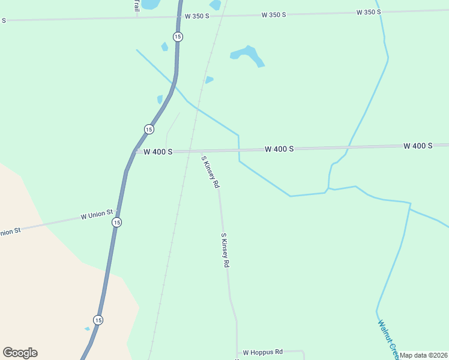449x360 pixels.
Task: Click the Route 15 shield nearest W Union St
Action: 116,222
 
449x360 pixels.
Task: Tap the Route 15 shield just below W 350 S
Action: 178,37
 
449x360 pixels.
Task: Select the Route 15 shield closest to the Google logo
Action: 98,319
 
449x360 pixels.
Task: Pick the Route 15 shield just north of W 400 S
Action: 149,129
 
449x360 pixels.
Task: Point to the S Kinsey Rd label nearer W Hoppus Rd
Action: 225,250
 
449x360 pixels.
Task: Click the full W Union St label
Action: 97,214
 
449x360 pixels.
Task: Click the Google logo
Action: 20,353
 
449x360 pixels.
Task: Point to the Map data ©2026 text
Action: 424,355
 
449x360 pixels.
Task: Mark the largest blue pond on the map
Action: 247,55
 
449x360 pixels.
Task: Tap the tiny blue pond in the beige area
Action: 88,328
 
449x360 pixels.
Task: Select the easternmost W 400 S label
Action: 418,146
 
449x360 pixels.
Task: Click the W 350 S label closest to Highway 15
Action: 197,16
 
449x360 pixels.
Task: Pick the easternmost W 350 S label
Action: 369,12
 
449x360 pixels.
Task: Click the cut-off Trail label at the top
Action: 136,5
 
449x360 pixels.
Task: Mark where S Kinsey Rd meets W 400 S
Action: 201,150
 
